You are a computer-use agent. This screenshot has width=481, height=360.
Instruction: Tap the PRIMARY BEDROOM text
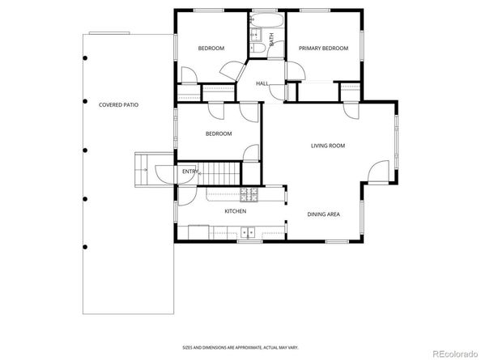pos(323,49)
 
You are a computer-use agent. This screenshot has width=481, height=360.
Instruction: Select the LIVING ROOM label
pos(328,146)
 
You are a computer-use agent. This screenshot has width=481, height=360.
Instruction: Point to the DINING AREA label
pos(323,214)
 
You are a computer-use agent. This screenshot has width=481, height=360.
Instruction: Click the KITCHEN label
pos(235,211)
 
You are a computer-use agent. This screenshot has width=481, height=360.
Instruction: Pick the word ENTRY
pos(190,172)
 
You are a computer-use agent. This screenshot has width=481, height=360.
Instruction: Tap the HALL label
pos(262,83)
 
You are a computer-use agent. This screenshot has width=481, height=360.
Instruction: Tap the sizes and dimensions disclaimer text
pos(240,345)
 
